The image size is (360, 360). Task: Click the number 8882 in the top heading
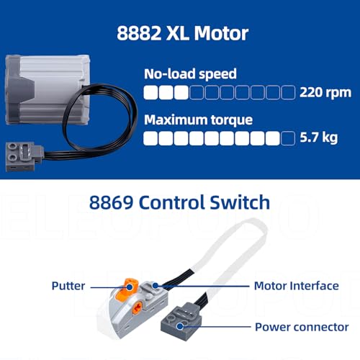click(139, 33)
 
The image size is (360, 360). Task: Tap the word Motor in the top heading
click(221, 33)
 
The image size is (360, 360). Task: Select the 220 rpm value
click(325, 93)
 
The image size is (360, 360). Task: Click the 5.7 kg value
click(319, 138)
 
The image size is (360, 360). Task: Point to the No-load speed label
click(190, 74)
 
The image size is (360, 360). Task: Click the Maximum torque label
click(198, 120)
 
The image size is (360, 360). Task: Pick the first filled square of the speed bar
click(150, 92)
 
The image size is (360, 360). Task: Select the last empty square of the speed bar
click(288, 92)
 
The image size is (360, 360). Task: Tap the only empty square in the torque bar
click(288, 138)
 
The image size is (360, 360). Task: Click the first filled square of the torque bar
click(150, 138)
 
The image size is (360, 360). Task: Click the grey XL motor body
click(48, 89)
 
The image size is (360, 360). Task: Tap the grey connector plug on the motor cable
click(24, 156)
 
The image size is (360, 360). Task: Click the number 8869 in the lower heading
click(111, 202)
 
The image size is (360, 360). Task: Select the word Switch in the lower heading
click(240, 202)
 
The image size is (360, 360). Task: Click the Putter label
click(68, 286)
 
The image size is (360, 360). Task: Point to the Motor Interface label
click(297, 286)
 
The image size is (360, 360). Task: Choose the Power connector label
click(302, 327)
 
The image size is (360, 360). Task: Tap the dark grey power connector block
click(181, 319)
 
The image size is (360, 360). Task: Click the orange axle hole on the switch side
click(138, 307)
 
